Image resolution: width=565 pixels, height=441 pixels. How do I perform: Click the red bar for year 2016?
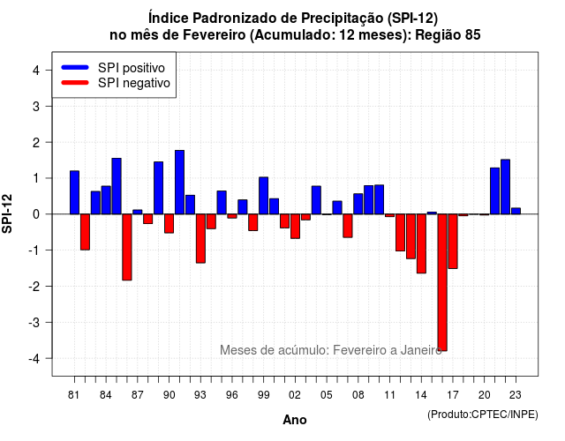click(442, 282)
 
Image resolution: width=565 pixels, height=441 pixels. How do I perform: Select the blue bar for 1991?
click(179, 183)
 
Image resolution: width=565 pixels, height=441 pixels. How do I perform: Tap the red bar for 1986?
click(127, 247)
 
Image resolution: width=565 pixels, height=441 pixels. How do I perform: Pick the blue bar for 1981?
click(74, 192)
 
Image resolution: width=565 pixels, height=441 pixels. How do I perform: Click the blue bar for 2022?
click(505, 187)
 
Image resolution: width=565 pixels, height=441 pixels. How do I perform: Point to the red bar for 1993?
click(200, 238)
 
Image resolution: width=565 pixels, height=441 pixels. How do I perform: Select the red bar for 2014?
click(421, 243)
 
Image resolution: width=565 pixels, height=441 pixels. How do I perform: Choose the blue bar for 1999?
click(263, 196)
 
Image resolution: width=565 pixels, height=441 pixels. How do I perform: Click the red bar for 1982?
click(85, 232)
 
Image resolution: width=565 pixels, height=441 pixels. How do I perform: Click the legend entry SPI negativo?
click(116, 83)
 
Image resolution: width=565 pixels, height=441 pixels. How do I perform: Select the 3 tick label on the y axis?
click(36, 106)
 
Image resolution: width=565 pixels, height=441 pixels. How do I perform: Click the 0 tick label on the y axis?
click(36, 214)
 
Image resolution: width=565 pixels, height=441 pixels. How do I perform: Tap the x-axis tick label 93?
click(200, 395)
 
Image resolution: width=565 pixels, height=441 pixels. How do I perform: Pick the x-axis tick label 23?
click(516, 395)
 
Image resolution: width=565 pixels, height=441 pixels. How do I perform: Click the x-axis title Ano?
click(295, 420)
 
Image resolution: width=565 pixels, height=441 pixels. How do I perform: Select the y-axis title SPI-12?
click(7, 213)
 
